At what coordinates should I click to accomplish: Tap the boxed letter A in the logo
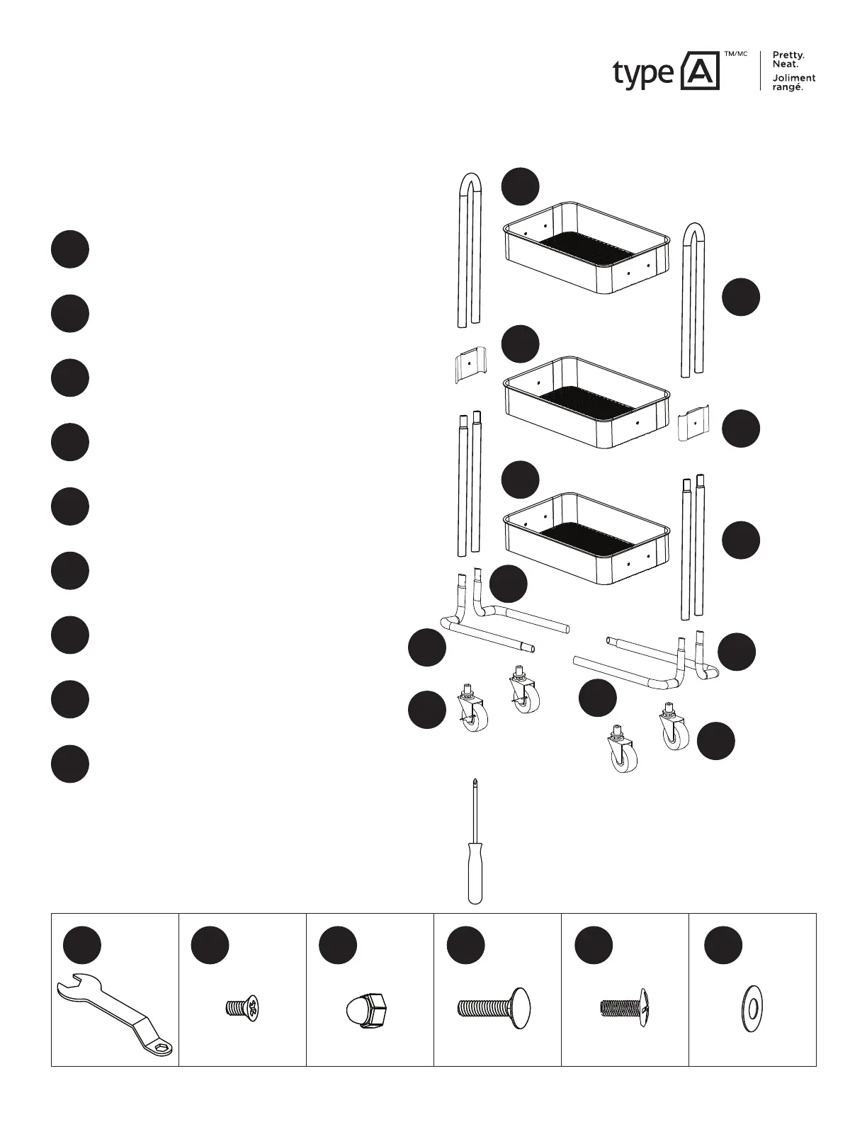point(699,71)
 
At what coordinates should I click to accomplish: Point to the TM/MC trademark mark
point(735,55)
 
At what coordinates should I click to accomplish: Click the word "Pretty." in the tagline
point(788,55)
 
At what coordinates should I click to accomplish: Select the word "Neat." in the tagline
point(785,64)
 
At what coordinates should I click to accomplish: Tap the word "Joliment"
point(793,78)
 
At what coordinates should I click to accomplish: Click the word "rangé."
point(787,87)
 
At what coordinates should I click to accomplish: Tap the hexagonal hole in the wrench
point(162,1048)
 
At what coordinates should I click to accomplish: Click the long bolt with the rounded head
point(492,1006)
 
